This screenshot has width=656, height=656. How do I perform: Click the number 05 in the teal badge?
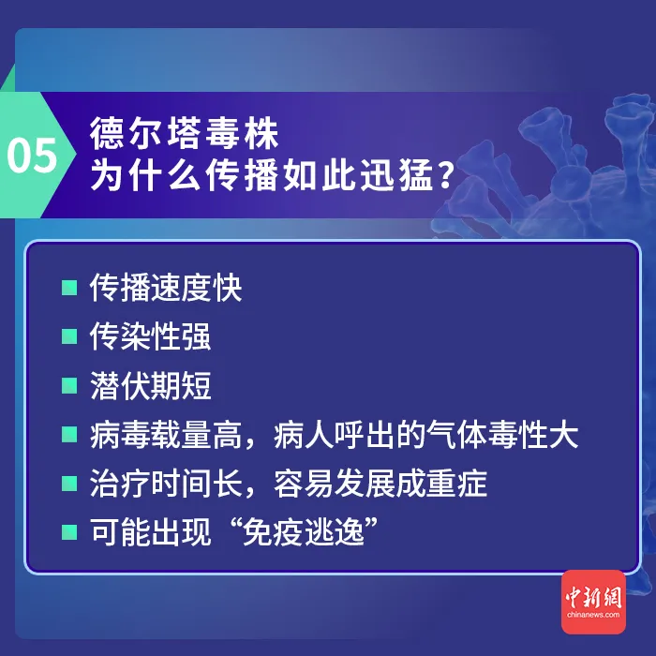(33, 156)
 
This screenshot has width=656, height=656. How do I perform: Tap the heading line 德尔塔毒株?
(185, 133)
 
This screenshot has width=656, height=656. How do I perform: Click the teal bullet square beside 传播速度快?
(68, 288)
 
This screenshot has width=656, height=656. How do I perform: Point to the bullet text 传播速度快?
(166, 288)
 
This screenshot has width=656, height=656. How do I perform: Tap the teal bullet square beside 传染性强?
(68, 336)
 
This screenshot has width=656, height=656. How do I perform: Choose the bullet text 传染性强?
(150, 336)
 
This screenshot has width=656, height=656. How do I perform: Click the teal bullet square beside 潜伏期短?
(68, 385)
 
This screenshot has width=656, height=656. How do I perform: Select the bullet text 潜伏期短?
(150, 385)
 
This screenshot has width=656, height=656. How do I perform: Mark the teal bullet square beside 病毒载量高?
(68, 434)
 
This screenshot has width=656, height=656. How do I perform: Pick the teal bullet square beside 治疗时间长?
(68, 484)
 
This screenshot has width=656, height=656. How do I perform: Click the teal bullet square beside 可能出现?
(68, 532)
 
